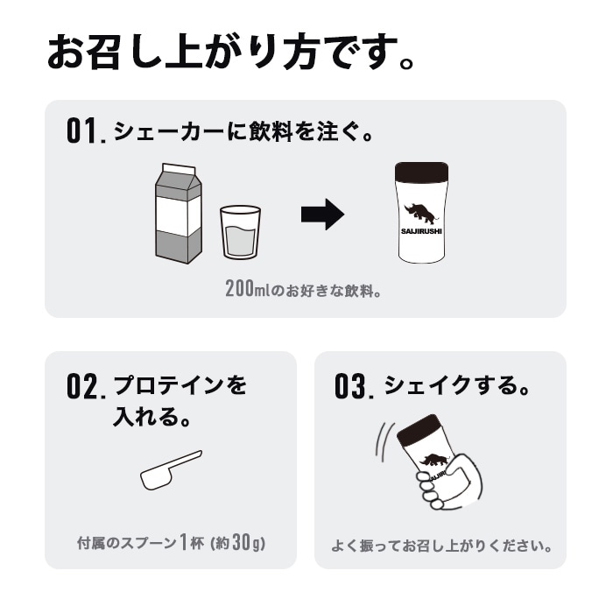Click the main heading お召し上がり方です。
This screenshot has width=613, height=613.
pos(230,53)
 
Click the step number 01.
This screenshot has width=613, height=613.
pos(85,133)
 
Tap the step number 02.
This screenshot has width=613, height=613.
pos(86,387)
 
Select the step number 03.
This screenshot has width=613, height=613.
pos(354,387)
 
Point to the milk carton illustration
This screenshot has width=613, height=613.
pos(178,214)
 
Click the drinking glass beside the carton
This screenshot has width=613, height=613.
pos(240,232)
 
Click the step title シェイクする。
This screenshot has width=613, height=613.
pos(457,385)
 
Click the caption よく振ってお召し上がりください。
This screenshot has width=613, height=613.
pos(441,546)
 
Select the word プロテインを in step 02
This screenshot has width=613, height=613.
pos(180,385)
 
